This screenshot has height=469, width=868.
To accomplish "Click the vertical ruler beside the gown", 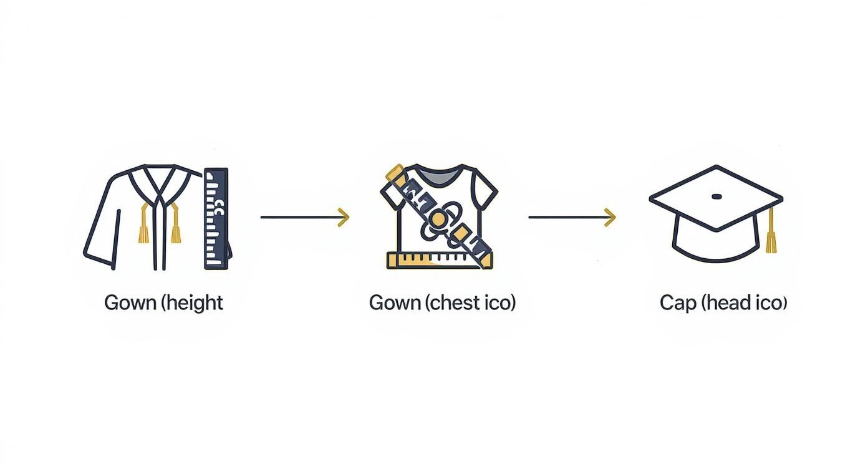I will [216, 218].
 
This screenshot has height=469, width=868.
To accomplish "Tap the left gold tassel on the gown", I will [143, 227].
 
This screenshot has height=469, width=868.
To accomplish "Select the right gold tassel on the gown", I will [175, 227].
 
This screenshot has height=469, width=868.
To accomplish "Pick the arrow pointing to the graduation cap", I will [572, 217].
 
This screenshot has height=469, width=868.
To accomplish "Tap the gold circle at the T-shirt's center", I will [440, 219].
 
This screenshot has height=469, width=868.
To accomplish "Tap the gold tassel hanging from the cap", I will [771, 234].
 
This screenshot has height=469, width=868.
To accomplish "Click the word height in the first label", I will [196, 303].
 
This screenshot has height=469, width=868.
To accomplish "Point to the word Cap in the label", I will [677, 303].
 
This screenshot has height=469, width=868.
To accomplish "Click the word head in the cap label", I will [730, 303].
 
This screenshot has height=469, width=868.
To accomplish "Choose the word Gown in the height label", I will [130, 303].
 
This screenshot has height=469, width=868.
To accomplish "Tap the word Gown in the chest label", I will [395, 303].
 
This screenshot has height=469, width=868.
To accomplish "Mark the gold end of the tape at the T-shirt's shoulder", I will [395, 172].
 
